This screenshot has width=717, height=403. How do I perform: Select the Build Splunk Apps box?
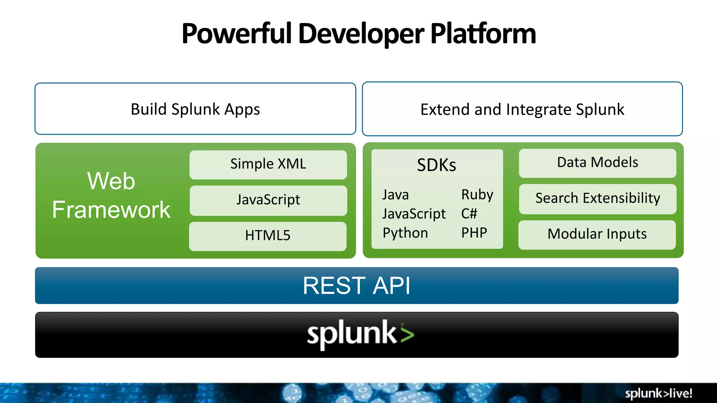195,109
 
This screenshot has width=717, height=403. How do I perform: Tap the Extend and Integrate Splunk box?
522,109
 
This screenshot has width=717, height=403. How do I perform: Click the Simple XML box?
268,164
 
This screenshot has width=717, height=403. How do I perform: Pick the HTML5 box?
268,236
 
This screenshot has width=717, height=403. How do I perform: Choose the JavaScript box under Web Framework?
268,200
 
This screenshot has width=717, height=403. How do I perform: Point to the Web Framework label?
111,195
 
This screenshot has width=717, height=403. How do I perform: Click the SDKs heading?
436,165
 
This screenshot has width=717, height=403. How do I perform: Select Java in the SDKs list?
395,195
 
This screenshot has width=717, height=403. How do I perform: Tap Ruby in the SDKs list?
477,195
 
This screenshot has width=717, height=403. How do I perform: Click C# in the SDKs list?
469,214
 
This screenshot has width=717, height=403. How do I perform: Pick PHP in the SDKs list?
474,233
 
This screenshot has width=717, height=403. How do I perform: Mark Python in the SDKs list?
405,233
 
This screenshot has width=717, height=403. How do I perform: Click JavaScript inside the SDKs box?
414,214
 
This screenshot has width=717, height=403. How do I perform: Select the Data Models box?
597,163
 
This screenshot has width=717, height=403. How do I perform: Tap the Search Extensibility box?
597,198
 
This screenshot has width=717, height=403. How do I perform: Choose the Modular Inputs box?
597,234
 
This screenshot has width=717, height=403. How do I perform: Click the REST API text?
356,285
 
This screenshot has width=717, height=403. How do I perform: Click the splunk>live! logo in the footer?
658,394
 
